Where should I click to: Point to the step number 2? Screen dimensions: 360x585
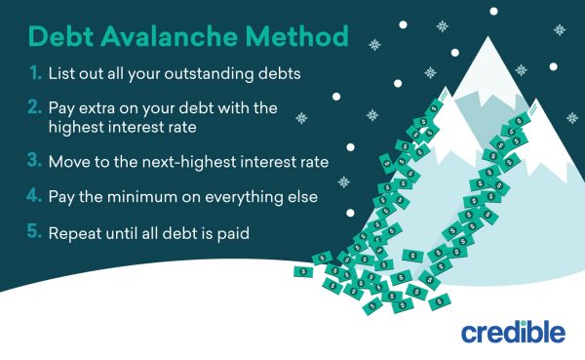33,105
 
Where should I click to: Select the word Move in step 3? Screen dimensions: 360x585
69,158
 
